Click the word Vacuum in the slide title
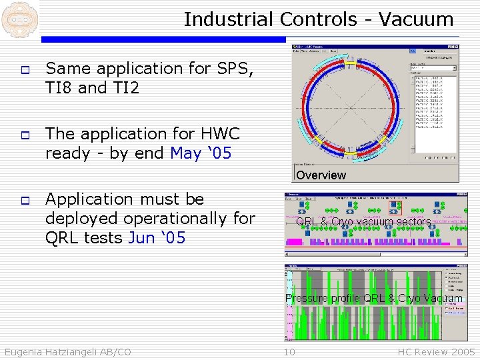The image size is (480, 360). [416, 19]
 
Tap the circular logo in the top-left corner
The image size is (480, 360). [18, 18]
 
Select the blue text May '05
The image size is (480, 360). [201, 153]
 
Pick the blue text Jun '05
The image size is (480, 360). [157, 237]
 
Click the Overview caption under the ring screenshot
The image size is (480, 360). [321, 175]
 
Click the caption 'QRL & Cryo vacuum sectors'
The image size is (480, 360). [363, 222]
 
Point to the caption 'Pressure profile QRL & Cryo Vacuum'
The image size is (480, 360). [373, 299]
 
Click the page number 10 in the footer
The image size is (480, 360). [289, 352]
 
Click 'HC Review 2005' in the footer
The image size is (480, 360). [436, 352]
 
